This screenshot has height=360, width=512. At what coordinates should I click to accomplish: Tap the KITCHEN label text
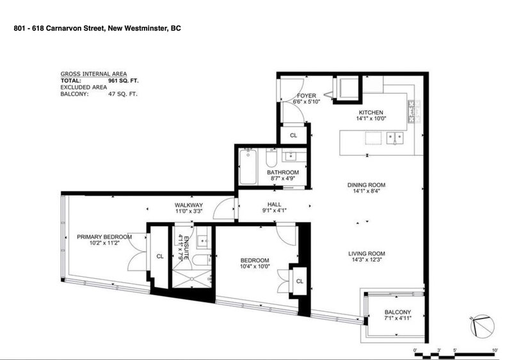371,111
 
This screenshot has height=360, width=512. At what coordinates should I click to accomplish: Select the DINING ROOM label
371,185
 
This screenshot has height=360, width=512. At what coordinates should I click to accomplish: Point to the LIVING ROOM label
371,253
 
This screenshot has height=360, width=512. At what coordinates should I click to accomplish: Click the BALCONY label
397,311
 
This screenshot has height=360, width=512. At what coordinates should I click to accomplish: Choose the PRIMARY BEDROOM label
104,237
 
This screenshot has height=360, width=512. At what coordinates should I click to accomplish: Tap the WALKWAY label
188,205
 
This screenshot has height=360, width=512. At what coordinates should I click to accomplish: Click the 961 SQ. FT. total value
123,81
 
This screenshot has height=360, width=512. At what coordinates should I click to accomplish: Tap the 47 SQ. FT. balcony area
123,94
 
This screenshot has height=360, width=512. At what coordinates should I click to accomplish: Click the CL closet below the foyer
293,136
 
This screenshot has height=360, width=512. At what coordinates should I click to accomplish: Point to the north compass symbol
481,327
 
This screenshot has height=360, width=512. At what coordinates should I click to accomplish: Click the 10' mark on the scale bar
495,350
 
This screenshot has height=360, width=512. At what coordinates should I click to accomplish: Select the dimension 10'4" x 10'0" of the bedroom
254,267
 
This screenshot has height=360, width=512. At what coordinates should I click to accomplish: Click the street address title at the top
97,29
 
